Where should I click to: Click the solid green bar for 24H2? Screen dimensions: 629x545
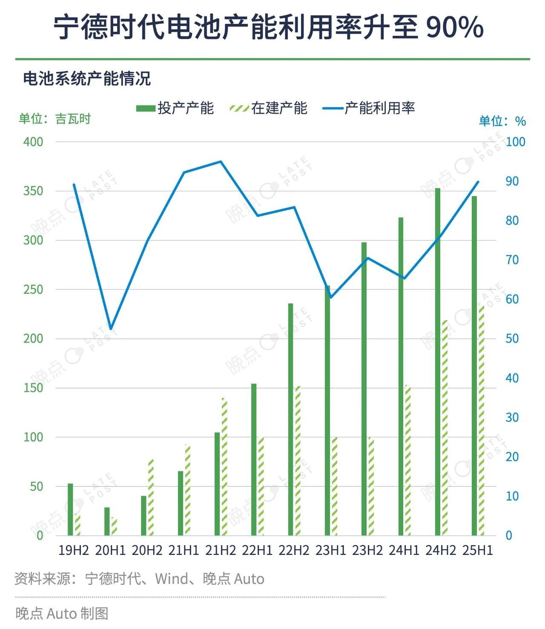click(x=438, y=362)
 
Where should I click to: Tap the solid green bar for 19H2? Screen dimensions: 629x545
click(x=71, y=509)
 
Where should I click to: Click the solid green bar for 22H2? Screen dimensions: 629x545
click(x=291, y=419)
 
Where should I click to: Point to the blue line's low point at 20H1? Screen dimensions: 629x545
click(x=111, y=329)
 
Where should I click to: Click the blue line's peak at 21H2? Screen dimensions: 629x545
click(x=221, y=162)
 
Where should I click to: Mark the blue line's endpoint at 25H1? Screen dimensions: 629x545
click(x=478, y=182)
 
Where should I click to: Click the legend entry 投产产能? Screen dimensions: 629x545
click(x=175, y=108)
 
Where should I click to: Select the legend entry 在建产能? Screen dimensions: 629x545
click(x=268, y=108)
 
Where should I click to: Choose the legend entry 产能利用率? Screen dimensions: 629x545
click(x=369, y=108)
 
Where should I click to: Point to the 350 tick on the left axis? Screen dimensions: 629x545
click(x=33, y=191)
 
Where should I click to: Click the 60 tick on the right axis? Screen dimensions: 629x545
click(x=512, y=299)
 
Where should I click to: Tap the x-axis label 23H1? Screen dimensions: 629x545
click(x=330, y=550)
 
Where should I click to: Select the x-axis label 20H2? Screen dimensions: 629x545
click(x=147, y=550)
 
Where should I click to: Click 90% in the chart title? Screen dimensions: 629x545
click(x=454, y=28)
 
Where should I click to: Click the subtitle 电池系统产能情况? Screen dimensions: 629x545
click(x=87, y=79)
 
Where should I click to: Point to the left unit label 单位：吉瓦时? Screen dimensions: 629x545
click(x=54, y=119)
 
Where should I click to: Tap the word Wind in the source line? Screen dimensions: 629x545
click(x=171, y=579)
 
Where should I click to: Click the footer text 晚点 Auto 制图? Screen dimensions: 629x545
click(x=62, y=613)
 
